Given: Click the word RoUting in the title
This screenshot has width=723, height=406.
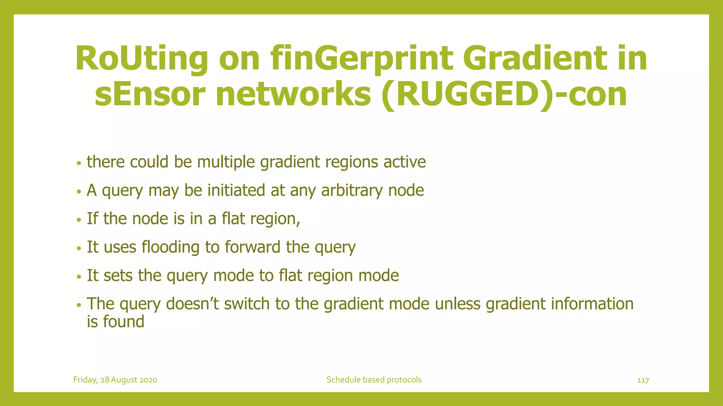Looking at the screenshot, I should coord(142,59).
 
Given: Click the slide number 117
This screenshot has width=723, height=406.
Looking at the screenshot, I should coord(643,380).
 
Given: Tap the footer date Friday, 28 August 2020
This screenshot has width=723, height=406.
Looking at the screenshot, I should coord(115,380).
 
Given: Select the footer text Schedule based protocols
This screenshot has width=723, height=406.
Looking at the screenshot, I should coord(374,380).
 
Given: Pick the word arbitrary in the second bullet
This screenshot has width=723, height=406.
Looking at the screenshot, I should coord(352,191).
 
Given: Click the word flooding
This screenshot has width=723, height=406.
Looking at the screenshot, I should coord(171,247).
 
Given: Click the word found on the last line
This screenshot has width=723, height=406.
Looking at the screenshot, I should coord(124,322).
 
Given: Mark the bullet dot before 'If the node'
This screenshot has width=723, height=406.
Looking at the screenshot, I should coord(79,220).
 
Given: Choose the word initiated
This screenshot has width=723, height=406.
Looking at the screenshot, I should coord(236,191).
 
